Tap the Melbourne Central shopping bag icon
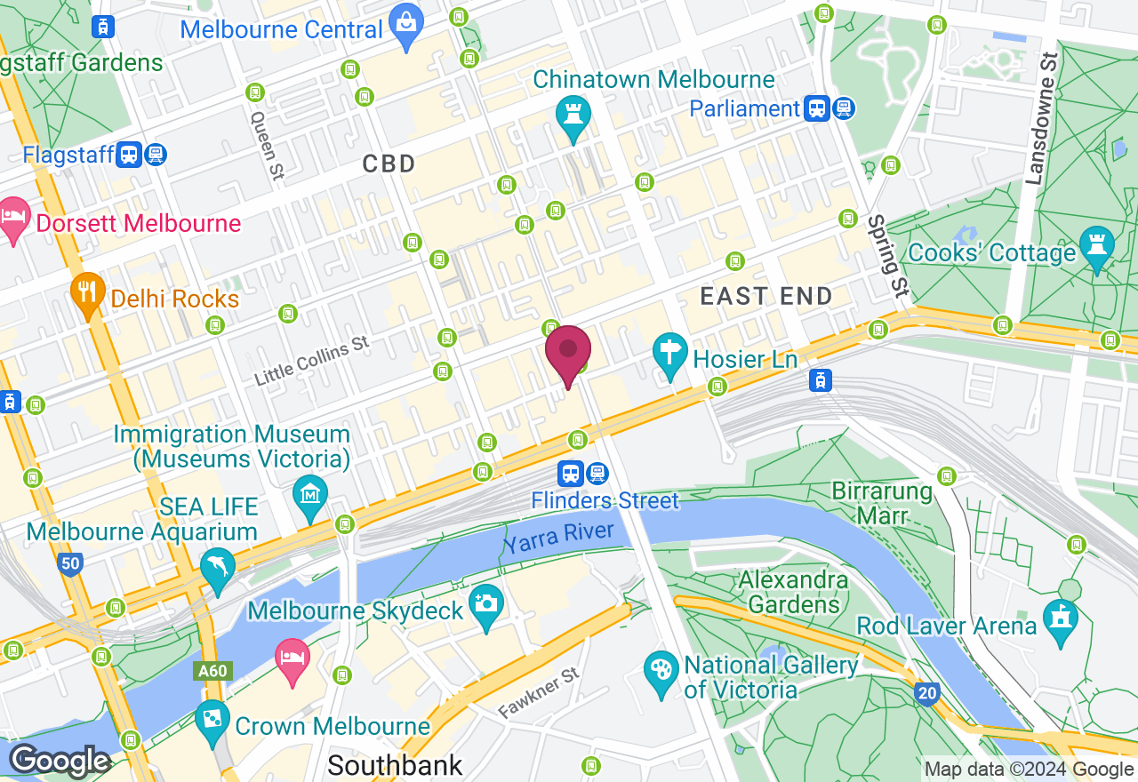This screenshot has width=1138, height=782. point(406,28)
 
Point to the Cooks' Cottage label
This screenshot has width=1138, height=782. point(992,253)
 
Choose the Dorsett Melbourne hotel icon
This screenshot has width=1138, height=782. point(13,220)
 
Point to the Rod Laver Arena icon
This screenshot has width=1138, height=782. point(1061,619)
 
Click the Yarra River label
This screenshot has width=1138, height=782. point(558,539)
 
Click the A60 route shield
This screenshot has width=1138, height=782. point(212,671)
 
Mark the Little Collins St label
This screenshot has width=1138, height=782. point(311,360)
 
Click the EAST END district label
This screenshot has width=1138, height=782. point(765,296)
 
